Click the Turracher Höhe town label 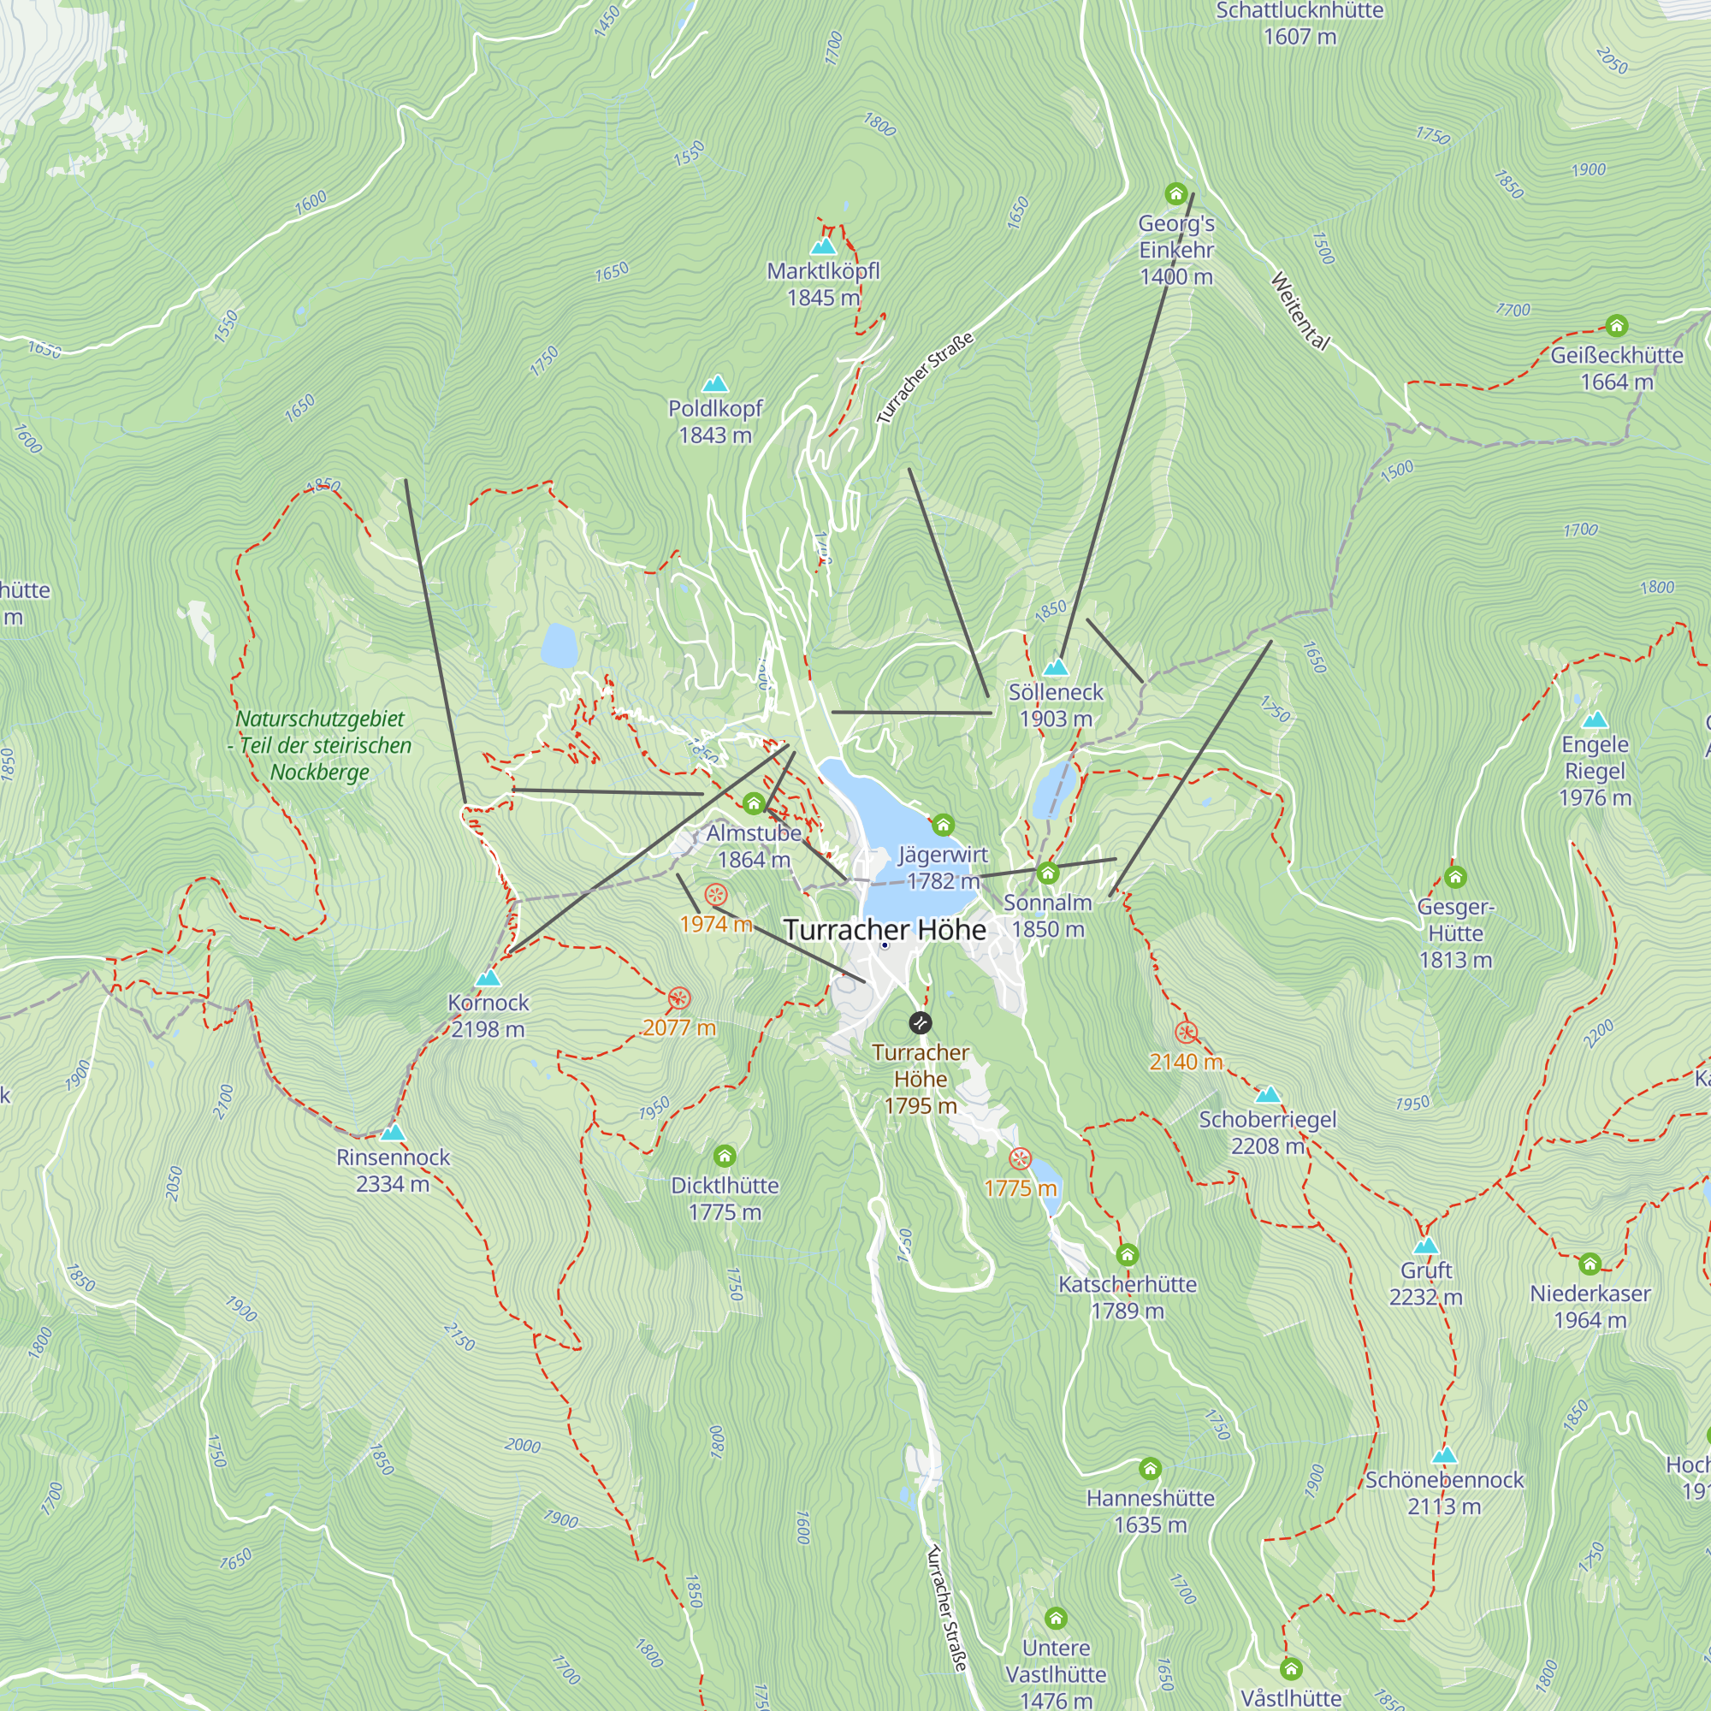coord(884,930)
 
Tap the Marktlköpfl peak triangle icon coord(824,246)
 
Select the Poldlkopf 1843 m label coord(714,422)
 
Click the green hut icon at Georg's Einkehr coord(1175,193)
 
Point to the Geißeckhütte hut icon coord(1616,325)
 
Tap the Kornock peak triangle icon coord(487,978)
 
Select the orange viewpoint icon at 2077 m coord(678,998)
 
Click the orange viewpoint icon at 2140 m coord(1186,1033)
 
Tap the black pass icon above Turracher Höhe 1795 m coord(921,1023)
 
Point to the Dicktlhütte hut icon coord(725,1156)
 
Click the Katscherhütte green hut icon coord(1127,1254)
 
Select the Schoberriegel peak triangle coord(1267,1095)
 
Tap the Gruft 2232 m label coord(1425,1283)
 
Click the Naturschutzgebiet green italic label coord(320,745)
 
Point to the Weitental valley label coord(1300,311)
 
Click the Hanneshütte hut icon coord(1150,1468)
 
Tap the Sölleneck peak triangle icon coord(1056,667)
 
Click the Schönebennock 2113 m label coord(1443,1493)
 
